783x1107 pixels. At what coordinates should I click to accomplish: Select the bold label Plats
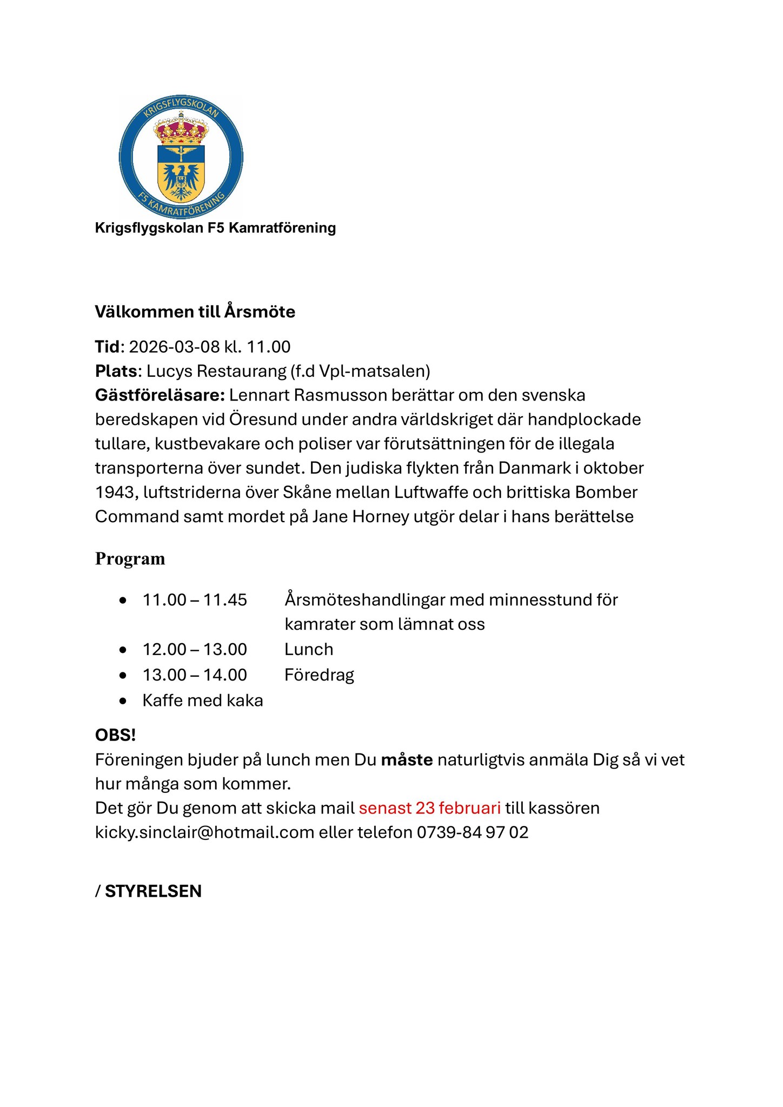(x=116, y=371)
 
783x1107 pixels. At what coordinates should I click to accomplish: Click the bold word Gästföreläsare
(x=160, y=395)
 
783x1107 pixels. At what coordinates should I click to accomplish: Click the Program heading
(x=130, y=558)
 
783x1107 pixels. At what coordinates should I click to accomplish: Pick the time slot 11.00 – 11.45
(x=195, y=600)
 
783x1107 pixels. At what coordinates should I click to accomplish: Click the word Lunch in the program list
(x=309, y=649)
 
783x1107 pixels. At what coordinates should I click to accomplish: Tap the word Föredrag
(x=319, y=675)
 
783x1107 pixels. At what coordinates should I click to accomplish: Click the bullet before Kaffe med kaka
(x=123, y=701)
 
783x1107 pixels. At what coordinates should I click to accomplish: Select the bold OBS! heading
(x=115, y=735)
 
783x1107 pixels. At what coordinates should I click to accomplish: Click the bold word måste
(x=407, y=760)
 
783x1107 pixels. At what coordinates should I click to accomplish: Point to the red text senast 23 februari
(x=429, y=808)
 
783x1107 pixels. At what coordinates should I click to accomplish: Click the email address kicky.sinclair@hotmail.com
(x=204, y=832)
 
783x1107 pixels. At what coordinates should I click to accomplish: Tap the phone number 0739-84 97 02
(x=472, y=832)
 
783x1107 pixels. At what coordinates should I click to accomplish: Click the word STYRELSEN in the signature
(x=153, y=891)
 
